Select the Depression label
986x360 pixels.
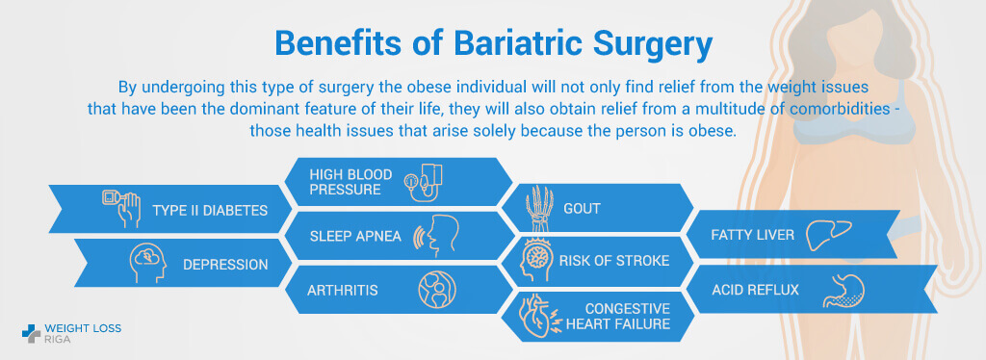pyautogui.click(x=225, y=265)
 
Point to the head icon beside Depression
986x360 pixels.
pyautogui.click(x=149, y=263)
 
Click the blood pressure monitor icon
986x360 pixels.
pyautogui.click(x=424, y=182)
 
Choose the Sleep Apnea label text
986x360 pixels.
pyautogui.click(x=355, y=236)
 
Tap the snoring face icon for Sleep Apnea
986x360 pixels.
pyautogui.click(x=435, y=236)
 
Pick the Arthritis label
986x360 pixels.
pyautogui.click(x=343, y=291)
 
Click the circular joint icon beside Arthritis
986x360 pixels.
pyautogui.click(x=437, y=290)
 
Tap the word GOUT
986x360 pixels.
pyautogui.click(x=583, y=208)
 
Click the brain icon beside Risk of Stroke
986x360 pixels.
pyautogui.click(x=535, y=260)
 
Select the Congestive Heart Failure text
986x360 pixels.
pyautogui.click(x=618, y=316)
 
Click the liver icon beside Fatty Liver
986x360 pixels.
pyautogui.click(x=829, y=235)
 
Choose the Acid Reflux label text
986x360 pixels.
pyautogui.click(x=755, y=291)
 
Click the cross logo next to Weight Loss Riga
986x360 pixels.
pyautogui.click(x=31, y=334)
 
